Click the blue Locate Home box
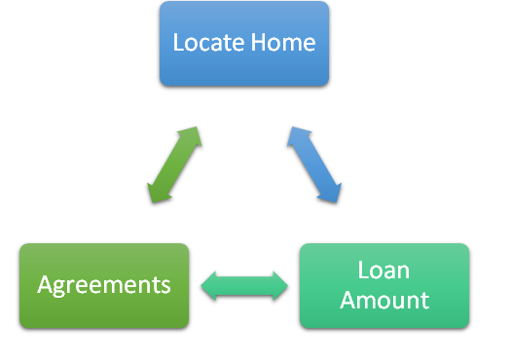[x=244, y=44]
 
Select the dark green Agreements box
[x=103, y=285]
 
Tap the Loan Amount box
[x=384, y=285]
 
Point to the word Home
[x=281, y=44]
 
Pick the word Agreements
[x=103, y=285]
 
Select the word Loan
[x=384, y=270]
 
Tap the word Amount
[x=384, y=300]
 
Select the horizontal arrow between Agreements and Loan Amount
[x=244, y=285]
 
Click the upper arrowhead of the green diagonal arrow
[x=193, y=133]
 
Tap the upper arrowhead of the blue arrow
[x=296, y=133]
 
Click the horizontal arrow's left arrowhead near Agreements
[x=208, y=285]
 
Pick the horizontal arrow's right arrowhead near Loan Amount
[x=280, y=285]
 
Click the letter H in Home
[x=255, y=44]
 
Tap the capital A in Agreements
[x=45, y=285]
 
